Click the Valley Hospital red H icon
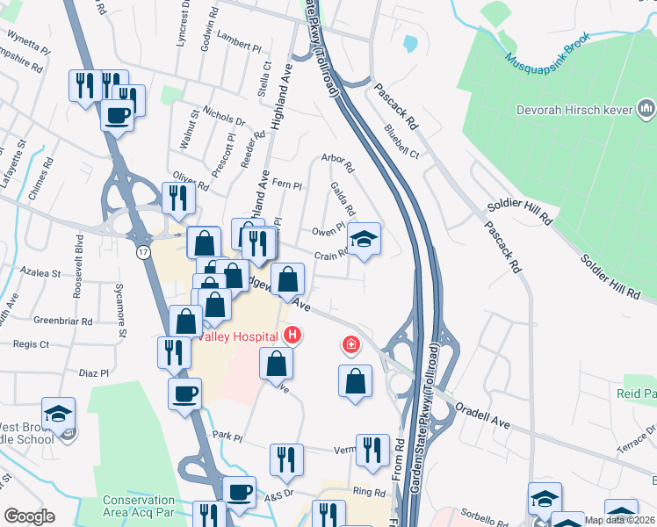[x=292, y=336]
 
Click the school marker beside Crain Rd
[x=365, y=237]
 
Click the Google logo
[x=29, y=516]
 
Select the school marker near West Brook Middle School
[x=58, y=414]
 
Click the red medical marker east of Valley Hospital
[x=351, y=343]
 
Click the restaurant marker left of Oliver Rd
[x=179, y=198]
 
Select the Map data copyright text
[x=619, y=520]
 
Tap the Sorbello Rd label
[x=480, y=510]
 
